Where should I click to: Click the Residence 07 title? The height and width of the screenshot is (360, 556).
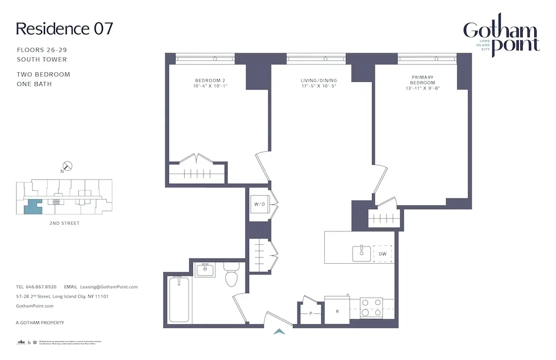[x=64, y=29]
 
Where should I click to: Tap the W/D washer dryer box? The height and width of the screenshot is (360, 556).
[x=260, y=204]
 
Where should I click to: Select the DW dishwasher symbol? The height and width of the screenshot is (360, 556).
[x=382, y=254]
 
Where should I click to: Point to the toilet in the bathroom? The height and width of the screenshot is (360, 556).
[x=231, y=275]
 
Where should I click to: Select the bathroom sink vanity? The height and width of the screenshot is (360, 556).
[x=205, y=271]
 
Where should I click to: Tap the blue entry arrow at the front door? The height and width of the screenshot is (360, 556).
[x=280, y=332]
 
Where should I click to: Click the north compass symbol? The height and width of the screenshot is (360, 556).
[x=67, y=166]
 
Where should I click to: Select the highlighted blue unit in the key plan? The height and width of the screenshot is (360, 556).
[x=33, y=206]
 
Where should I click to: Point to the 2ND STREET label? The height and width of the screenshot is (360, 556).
[x=64, y=223]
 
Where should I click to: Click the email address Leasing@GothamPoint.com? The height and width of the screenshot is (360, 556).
[x=108, y=287]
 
